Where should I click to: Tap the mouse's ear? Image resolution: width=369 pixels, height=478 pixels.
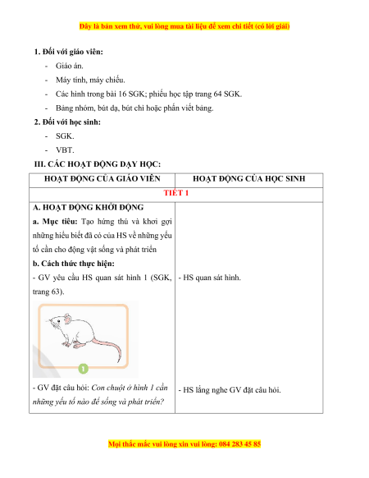point(67,319)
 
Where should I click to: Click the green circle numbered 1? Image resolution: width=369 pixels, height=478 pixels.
point(83,368)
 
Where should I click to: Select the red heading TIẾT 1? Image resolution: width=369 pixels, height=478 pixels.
point(176,193)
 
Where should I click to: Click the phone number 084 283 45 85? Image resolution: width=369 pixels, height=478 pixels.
point(239,444)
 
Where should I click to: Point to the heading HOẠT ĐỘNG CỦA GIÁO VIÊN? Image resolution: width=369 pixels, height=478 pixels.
point(102,179)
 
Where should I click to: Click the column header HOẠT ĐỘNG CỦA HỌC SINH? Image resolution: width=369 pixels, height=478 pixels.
point(249,179)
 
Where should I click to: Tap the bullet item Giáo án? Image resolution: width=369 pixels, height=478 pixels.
point(70,66)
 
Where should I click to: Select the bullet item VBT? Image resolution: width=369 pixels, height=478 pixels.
point(65,150)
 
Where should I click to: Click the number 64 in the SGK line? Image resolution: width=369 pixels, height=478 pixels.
point(217,94)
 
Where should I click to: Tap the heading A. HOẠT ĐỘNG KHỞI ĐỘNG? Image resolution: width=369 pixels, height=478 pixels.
point(89,207)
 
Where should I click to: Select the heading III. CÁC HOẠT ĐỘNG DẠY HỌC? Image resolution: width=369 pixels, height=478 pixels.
point(98,164)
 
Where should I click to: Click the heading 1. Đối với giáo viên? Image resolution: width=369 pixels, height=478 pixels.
point(69,52)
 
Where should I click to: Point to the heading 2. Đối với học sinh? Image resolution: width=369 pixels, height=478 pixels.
point(67,122)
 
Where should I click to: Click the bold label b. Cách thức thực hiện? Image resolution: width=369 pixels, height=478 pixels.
point(74,264)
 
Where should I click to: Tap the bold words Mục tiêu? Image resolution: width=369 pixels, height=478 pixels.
point(60,222)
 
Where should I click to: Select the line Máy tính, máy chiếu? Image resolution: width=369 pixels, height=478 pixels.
point(90,80)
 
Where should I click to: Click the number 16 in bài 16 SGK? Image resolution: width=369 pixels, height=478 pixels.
point(122,94)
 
